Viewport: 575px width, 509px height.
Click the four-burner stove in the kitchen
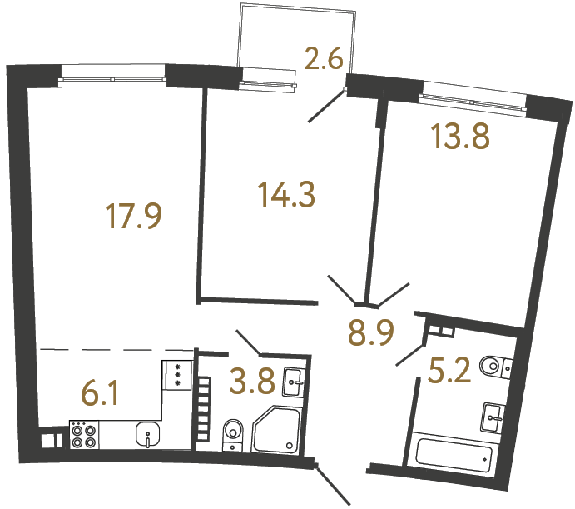point(83,434)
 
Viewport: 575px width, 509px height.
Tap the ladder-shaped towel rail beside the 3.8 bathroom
point(202,407)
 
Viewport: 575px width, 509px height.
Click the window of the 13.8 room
point(473,98)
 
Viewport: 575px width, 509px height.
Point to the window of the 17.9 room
point(113,80)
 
